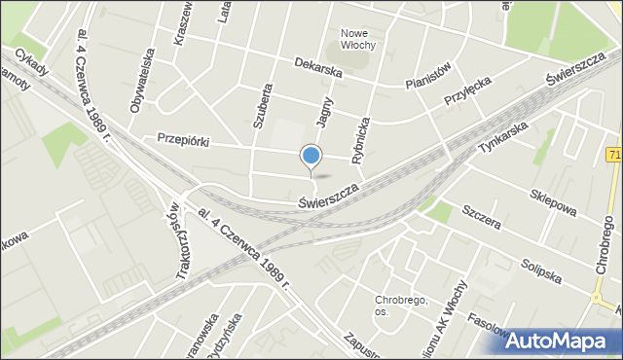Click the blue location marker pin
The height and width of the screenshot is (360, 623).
tap(311, 156)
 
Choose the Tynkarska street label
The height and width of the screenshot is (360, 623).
tap(503, 138)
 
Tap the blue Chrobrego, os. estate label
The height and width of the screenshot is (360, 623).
tap(401, 306)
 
